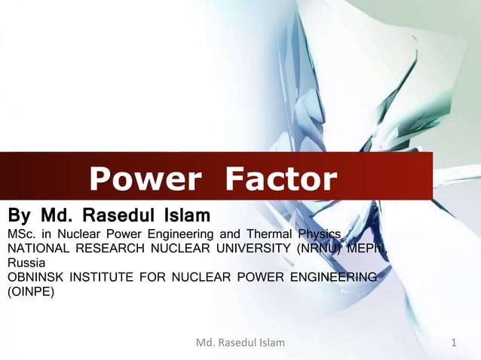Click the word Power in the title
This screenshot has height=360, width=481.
point(145,180)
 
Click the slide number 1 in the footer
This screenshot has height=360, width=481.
point(454,343)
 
